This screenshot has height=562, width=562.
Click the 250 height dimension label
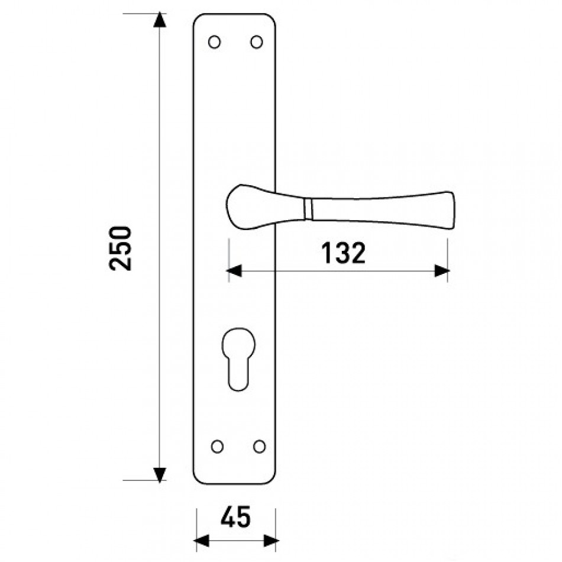121,248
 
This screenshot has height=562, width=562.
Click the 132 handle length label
343,253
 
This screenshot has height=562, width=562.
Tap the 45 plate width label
235,517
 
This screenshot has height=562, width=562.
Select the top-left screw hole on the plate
214,42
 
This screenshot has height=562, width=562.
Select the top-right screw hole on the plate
256,42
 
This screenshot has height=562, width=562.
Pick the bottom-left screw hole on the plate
217,447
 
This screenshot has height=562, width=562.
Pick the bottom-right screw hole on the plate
259,447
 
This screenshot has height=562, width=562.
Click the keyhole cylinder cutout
238,359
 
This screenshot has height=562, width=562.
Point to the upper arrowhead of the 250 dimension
160,20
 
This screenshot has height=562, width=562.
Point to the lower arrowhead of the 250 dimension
160,474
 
